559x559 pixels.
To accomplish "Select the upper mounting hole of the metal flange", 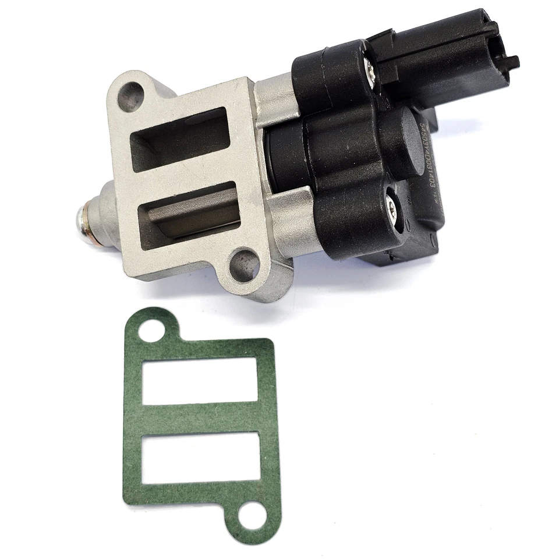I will click(131, 93).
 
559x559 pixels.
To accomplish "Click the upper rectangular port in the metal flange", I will click(178, 140).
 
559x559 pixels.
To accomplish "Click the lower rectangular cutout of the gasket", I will click(200, 460).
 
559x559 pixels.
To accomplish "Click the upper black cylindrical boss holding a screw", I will click(344, 76).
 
